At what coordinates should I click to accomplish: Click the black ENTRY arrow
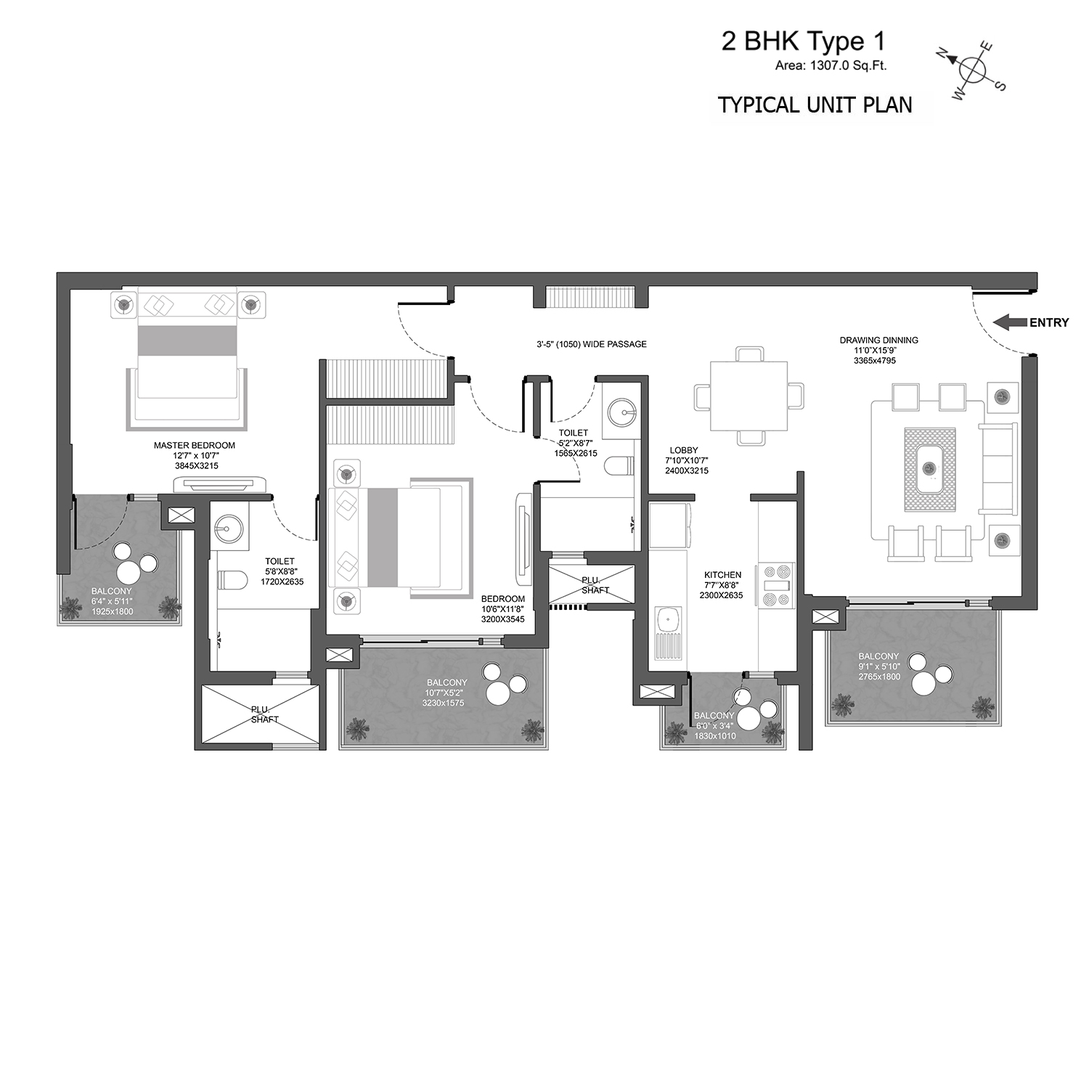(1010, 322)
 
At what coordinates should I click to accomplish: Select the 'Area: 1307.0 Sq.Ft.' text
(831, 65)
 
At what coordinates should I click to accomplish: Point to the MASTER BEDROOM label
(195, 445)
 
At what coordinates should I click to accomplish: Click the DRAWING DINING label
(878, 340)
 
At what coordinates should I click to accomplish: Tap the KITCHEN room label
(722, 574)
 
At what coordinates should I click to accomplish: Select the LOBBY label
(684, 450)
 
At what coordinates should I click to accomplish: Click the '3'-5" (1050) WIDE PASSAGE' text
(592, 344)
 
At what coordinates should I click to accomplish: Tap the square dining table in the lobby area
(749, 396)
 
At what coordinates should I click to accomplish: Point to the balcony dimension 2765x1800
(879, 677)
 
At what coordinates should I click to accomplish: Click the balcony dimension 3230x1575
(446, 703)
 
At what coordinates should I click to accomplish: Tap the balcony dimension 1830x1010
(714, 735)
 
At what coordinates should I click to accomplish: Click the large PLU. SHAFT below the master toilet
(260, 714)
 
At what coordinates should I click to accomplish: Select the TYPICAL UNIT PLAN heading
(815, 105)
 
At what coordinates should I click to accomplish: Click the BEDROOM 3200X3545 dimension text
(502, 619)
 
